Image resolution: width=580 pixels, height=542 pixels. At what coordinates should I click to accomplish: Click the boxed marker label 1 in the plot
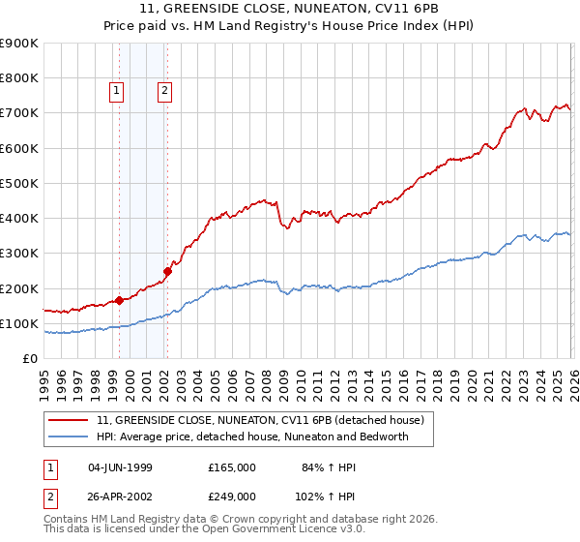click(116, 92)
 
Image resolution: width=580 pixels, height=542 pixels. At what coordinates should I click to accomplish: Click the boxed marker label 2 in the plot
click(165, 92)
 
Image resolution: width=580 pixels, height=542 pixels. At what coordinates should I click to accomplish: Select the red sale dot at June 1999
click(119, 300)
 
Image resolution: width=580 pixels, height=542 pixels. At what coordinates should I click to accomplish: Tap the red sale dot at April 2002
click(167, 271)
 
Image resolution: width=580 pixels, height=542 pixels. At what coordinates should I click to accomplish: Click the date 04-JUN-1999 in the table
click(120, 467)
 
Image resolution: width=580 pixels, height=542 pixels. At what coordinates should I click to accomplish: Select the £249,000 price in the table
click(231, 497)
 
